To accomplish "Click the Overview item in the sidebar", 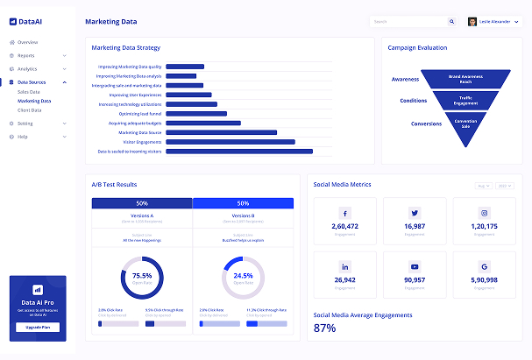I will [27, 42].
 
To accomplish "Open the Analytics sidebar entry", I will [27, 68].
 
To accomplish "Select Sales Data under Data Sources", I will [29, 91].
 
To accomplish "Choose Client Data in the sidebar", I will [29, 110].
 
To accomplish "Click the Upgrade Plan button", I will [38, 328].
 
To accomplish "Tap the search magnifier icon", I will [452, 22].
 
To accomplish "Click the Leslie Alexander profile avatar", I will [472, 22].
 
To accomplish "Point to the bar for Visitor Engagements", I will [230, 142].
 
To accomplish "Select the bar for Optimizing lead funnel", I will [196, 114].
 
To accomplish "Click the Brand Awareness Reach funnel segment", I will [466, 79].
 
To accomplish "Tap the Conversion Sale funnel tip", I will [466, 124].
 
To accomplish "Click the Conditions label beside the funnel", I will [413, 101].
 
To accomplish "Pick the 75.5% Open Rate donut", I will [142, 278].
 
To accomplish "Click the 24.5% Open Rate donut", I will [243, 278].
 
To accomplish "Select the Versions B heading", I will [243, 215].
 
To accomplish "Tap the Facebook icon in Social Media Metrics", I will [344, 213].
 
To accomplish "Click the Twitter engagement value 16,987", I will [415, 227].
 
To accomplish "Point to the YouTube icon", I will [415, 266].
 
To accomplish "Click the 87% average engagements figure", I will [325, 328].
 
